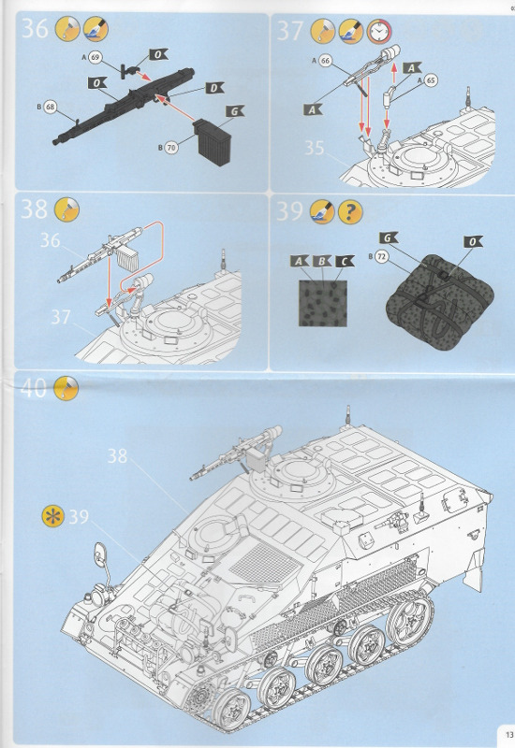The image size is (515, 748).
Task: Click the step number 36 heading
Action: [35, 30]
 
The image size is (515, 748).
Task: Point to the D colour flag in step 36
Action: [213, 88]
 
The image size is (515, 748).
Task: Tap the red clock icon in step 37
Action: [380, 31]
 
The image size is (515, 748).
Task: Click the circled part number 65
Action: [431, 80]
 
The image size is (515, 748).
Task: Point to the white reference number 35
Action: [314, 147]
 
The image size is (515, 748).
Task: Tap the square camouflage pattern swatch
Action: [323, 299]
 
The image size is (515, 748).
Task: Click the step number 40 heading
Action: [35, 389]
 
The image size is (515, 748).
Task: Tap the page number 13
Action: [506, 733]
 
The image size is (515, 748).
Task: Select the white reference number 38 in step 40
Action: [117, 455]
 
